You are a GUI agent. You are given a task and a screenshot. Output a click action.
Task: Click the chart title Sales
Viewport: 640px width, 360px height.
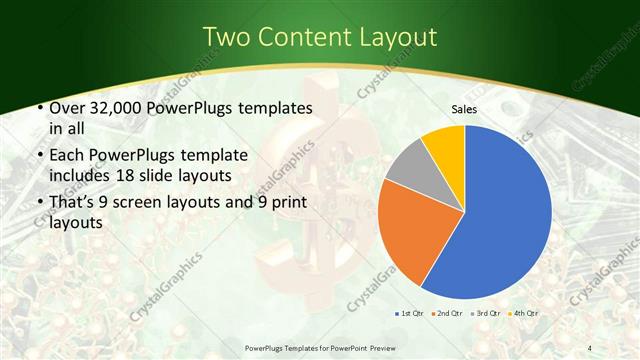(x=464, y=109)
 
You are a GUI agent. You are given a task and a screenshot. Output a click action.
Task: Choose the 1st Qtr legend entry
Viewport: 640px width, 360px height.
(x=411, y=313)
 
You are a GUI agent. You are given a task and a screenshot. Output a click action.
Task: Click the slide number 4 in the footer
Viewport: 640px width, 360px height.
(x=589, y=347)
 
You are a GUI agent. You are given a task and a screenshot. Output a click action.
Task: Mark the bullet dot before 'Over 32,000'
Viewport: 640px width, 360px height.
(x=39, y=108)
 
